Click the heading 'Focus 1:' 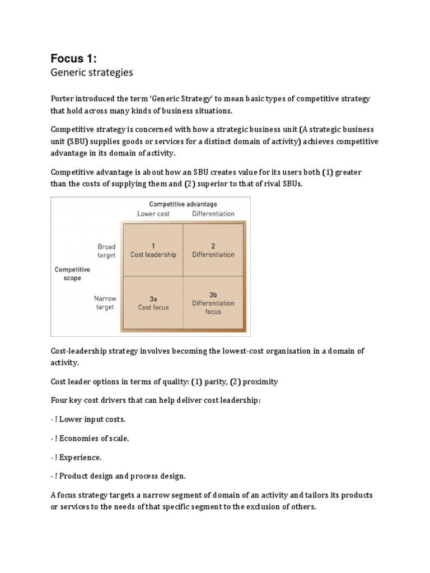74,58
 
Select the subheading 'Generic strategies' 92,73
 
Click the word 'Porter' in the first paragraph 63,99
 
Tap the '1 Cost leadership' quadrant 153,250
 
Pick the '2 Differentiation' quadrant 213,250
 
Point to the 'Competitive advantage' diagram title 183,204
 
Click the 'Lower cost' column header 153,214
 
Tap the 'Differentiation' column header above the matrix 213,214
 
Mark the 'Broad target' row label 106,251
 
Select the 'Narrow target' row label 105,303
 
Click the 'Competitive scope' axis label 72,274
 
